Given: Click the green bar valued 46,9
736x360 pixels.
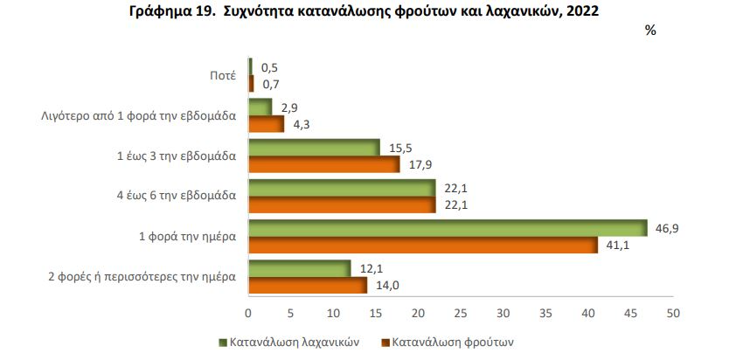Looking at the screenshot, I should click(x=448, y=228).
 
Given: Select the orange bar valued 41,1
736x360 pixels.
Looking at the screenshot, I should click(x=423, y=245).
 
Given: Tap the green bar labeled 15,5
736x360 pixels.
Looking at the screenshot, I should click(x=315, y=148).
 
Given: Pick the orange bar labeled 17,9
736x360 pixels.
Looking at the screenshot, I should click(x=324, y=164).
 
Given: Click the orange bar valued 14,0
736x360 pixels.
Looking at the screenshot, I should click(x=308, y=285).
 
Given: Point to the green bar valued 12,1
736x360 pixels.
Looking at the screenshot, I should click(x=300, y=268).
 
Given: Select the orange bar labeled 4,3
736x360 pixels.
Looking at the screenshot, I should click(x=267, y=124).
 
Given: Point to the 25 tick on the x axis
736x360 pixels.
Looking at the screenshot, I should click(x=461, y=312).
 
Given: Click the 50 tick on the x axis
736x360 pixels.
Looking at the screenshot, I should click(x=672, y=312).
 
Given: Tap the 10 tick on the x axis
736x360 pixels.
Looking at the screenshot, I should click(x=333, y=312).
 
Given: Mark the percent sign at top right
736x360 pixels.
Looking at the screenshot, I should click(x=650, y=31).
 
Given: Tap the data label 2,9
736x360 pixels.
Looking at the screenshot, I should click(x=289, y=107).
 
